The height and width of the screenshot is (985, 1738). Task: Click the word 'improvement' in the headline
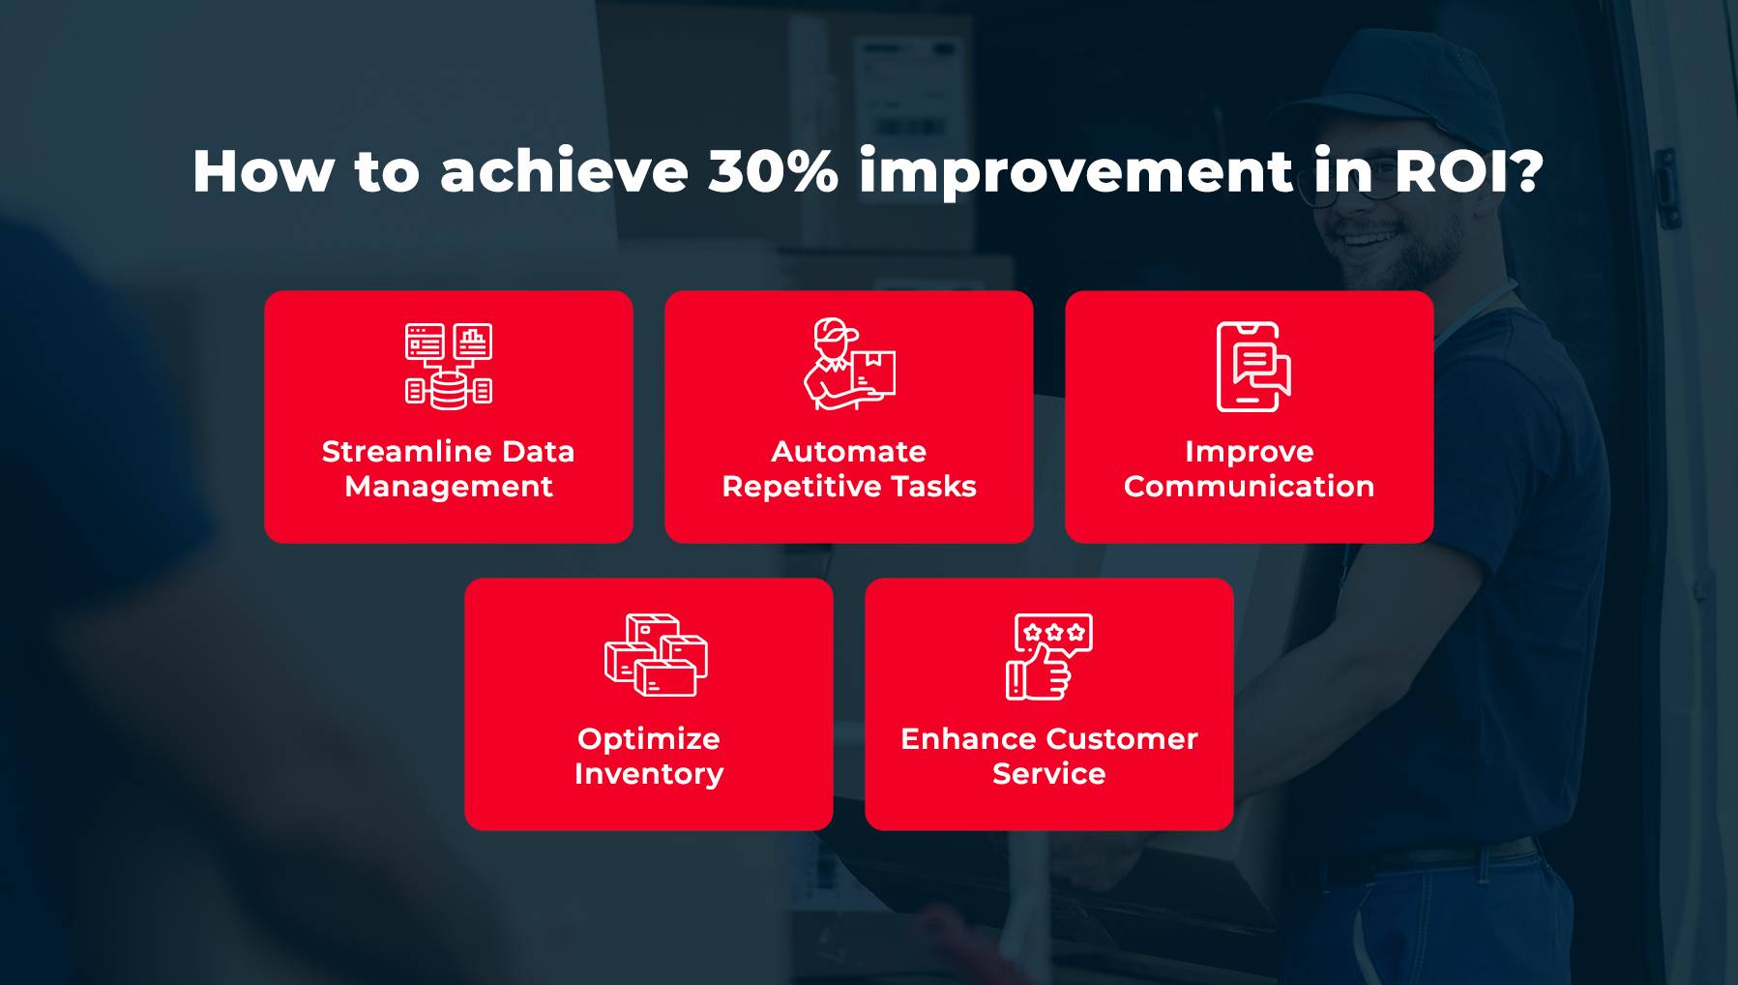click(1075, 173)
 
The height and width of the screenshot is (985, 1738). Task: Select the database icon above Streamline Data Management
click(449, 366)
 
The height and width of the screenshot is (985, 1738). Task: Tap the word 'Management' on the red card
click(449, 487)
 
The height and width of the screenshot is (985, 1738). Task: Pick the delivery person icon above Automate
click(850, 364)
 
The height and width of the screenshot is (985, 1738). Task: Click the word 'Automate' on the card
click(849, 452)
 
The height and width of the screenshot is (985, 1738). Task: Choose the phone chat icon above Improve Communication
click(1253, 367)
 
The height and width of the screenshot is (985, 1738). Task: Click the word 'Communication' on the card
click(1249, 487)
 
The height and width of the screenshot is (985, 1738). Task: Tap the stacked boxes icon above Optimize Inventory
click(656, 655)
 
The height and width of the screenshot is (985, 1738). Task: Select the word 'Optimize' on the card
click(649, 739)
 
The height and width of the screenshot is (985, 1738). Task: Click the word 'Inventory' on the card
click(649, 774)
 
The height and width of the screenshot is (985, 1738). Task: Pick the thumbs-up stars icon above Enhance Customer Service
click(1049, 656)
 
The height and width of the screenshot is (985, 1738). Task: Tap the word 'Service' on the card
click(1049, 774)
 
